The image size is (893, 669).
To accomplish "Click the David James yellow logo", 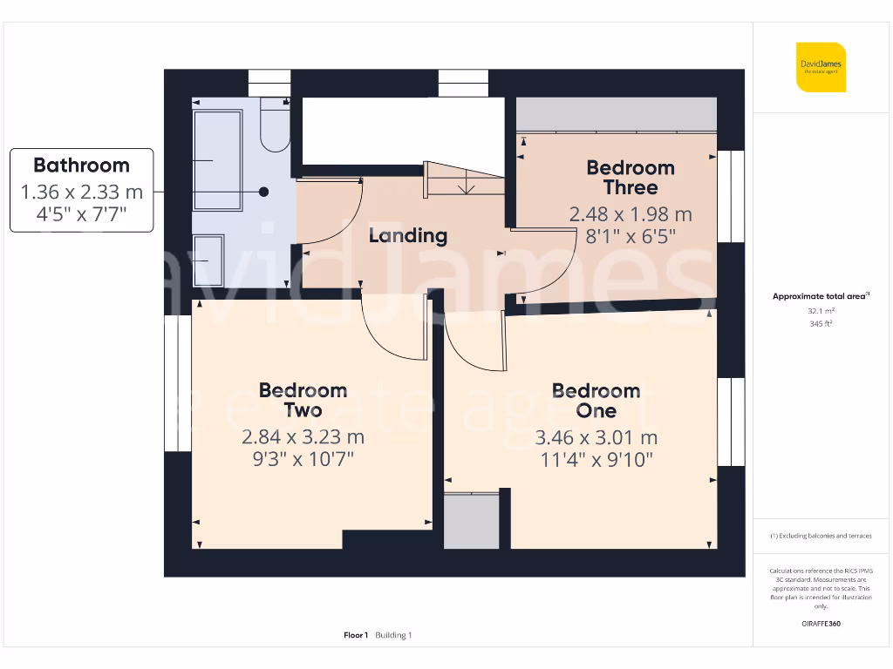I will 820,67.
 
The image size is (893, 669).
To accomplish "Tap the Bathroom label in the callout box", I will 81,166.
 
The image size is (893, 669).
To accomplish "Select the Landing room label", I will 407,235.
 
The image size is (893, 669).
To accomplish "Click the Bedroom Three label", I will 631,178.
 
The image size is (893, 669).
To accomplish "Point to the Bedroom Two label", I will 303,401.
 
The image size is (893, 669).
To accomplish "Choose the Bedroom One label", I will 596,401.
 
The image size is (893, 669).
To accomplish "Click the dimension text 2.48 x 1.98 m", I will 631,214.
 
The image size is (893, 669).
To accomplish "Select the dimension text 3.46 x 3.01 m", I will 596,438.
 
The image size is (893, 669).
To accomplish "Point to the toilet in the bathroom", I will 274,126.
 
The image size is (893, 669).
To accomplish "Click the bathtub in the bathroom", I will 217,160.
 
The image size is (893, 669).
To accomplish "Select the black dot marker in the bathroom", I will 263,192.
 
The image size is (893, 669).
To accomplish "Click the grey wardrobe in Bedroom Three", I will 616,114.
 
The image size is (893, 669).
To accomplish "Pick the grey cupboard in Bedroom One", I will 472,521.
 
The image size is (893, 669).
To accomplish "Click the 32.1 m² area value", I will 820,310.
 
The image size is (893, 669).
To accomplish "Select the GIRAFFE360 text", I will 820,624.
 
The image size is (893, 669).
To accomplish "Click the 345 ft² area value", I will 820,323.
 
